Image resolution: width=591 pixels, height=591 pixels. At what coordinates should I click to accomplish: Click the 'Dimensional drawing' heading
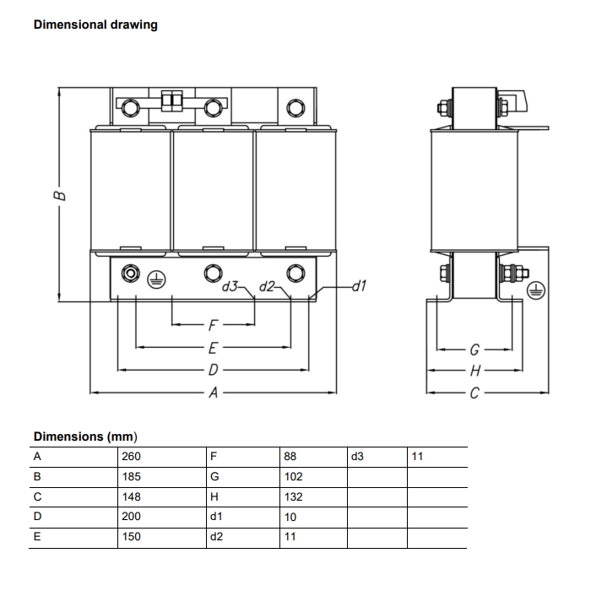point(95,24)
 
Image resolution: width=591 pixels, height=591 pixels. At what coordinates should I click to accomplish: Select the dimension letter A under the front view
point(214,393)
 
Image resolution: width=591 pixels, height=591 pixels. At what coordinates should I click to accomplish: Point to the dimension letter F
point(214,324)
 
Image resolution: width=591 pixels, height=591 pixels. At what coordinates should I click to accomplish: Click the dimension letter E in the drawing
point(214,347)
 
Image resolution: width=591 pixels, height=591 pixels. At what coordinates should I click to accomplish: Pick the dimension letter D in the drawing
point(214,370)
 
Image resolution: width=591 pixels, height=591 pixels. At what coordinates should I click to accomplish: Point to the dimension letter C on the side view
point(474,393)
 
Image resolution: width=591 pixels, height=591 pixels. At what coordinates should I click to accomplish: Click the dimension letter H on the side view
point(474,371)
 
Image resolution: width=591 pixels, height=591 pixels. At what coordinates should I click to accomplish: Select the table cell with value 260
point(131,457)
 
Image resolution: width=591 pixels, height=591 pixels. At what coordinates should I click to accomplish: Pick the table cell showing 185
point(131,477)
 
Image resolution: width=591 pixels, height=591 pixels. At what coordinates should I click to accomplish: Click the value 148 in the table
point(131,497)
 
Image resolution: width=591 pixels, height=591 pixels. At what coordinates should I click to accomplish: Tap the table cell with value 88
point(290,457)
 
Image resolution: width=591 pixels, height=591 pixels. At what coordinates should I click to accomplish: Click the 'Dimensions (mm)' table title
point(84,436)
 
